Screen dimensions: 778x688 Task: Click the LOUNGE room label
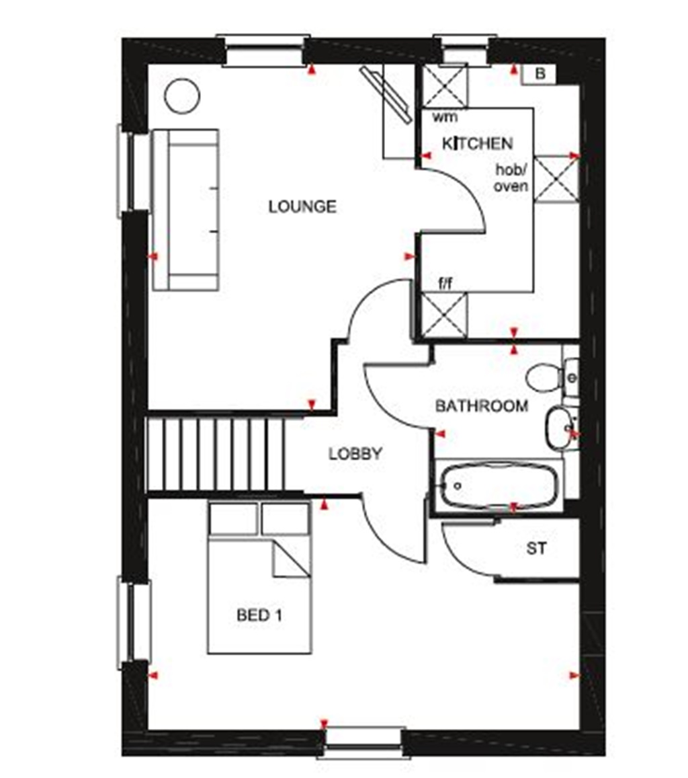[x=302, y=206]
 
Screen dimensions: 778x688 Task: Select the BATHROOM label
[x=481, y=406]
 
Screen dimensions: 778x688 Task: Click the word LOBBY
[x=355, y=454]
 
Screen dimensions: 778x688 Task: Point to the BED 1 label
[x=259, y=615]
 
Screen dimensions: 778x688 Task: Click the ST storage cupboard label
[x=536, y=549]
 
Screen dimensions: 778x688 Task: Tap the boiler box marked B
[x=540, y=74]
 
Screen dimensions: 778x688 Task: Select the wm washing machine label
[x=445, y=117]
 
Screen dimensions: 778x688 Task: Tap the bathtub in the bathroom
[x=499, y=485]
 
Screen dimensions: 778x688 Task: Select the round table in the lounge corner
[x=182, y=96]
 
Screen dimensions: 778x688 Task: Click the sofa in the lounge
[x=186, y=210]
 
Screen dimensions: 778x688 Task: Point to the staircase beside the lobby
[x=215, y=454]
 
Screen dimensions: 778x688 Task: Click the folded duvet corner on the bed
[x=290, y=560]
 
